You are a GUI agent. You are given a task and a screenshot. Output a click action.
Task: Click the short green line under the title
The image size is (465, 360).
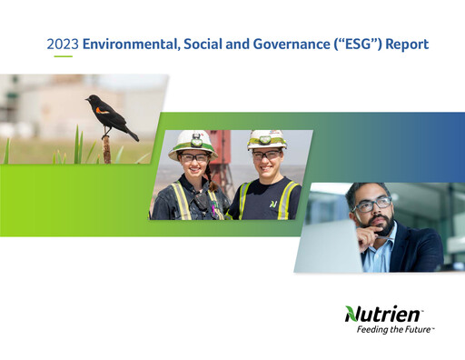click(63, 56)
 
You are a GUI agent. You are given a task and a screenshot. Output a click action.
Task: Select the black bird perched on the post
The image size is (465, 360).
click(110, 116)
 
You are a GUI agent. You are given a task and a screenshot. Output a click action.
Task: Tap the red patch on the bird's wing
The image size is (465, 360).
click(103, 111)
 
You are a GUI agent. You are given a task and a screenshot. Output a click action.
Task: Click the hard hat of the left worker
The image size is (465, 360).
click(192, 141)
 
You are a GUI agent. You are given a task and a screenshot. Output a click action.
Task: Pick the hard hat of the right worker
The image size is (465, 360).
click(266, 139)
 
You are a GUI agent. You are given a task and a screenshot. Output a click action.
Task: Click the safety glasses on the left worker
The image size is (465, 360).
click(193, 158)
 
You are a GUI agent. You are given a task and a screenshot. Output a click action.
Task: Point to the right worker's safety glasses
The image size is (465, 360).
click(265, 155)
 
